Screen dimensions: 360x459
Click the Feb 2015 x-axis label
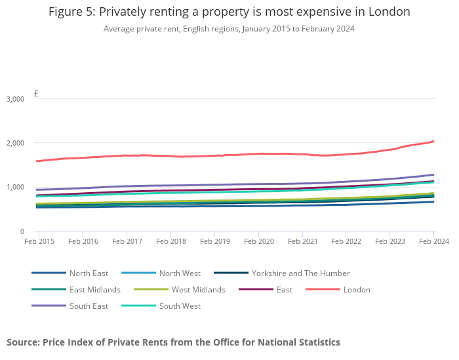click(39, 241)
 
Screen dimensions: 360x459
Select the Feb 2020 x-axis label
click(258, 241)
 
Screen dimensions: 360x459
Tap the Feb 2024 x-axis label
click(433, 241)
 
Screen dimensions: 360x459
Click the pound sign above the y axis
click(36, 94)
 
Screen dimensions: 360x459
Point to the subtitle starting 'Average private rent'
click(229, 29)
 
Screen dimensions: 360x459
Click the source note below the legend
click(173, 342)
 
